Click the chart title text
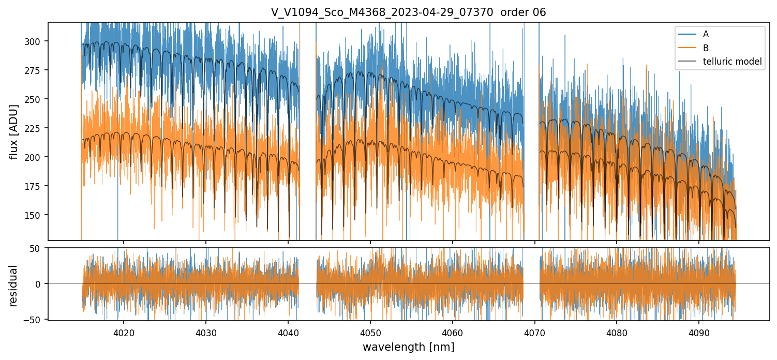pos(408,12)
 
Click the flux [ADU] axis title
pos(14,131)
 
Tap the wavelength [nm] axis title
pos(408,347)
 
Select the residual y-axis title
pos(14,285)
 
